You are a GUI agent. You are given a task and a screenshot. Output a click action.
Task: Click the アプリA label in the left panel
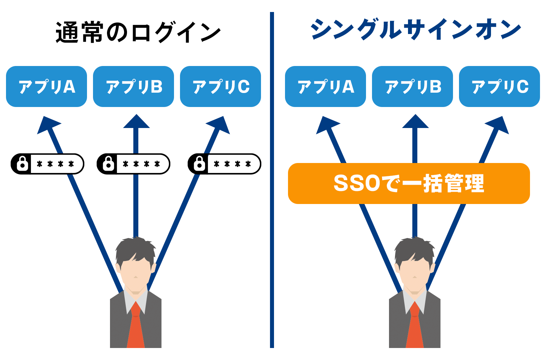click(x=47, y=87)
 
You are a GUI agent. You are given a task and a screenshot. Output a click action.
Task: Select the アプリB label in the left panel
click(x=134, y=87)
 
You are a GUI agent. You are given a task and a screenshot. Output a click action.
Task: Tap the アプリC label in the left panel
click(x=221, y=87)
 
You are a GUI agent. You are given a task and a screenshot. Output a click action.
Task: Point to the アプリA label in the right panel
click(x=326, y=87)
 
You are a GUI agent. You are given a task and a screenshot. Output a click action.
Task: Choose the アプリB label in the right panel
click(x=413, y=87)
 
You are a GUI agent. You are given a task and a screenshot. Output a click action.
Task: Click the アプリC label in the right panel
click(x=500, y=87)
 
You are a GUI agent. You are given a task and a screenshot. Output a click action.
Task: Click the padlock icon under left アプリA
click(x=22, y=163)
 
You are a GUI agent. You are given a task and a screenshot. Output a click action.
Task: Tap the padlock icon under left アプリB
click(x=108, y=163)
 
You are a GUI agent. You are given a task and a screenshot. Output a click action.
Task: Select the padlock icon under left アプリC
click(x=199, y=163)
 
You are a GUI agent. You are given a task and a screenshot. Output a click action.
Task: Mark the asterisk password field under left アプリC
click(x=235, y=164)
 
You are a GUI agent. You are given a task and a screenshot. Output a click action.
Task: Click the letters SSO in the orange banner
click(x=357, y=183)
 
